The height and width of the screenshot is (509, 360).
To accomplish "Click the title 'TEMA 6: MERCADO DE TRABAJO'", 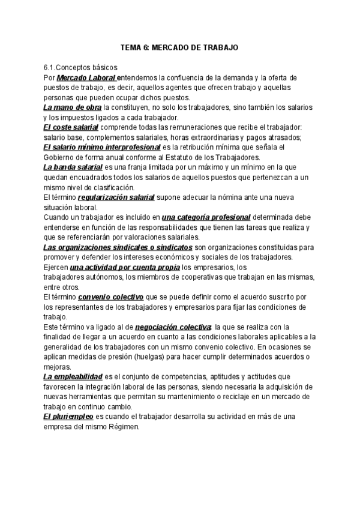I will click(x=179, y=47).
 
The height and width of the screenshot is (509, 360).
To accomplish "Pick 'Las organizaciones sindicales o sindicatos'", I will click(x=118, y=247).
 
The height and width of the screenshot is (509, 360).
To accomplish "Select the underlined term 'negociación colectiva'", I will click(x=173, y=327).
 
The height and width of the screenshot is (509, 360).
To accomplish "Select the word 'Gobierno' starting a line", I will click(x=58, y=157).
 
